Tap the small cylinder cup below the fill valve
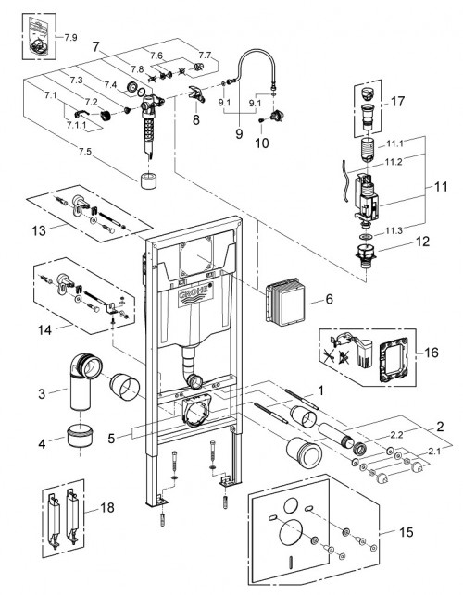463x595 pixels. [x=146, y=179]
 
